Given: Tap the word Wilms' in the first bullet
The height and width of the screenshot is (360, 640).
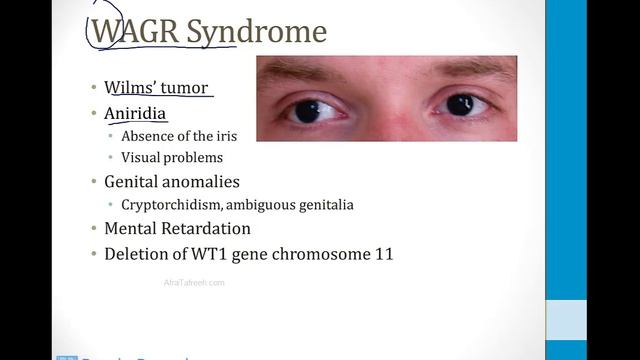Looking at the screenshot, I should (x=128, y=88).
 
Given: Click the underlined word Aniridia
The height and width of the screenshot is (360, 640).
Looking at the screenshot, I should (x=135, y=114).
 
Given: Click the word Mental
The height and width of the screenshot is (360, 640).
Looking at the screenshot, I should (x=132, y=229).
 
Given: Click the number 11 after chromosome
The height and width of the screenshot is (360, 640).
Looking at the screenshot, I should (x=382, y=254).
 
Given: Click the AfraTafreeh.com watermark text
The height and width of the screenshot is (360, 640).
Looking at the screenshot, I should (x=194, y=283).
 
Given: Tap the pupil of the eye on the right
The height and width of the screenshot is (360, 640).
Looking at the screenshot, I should (x=460, y=104).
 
